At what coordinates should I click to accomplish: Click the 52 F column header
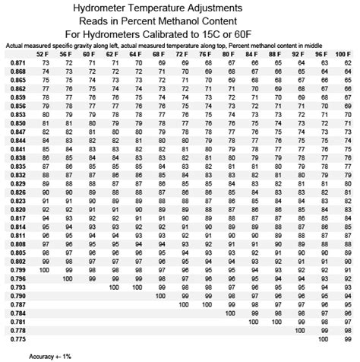(47, 55)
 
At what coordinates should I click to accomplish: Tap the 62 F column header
(114, 55)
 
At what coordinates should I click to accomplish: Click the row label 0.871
(17, 63)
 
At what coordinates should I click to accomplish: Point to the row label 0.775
(17, 339)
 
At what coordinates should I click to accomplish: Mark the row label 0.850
(17, 123)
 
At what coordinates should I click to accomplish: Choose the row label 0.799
(17, 270)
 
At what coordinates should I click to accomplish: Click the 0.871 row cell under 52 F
(47, 63)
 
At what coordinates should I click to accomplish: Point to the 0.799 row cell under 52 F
(46, 270)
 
